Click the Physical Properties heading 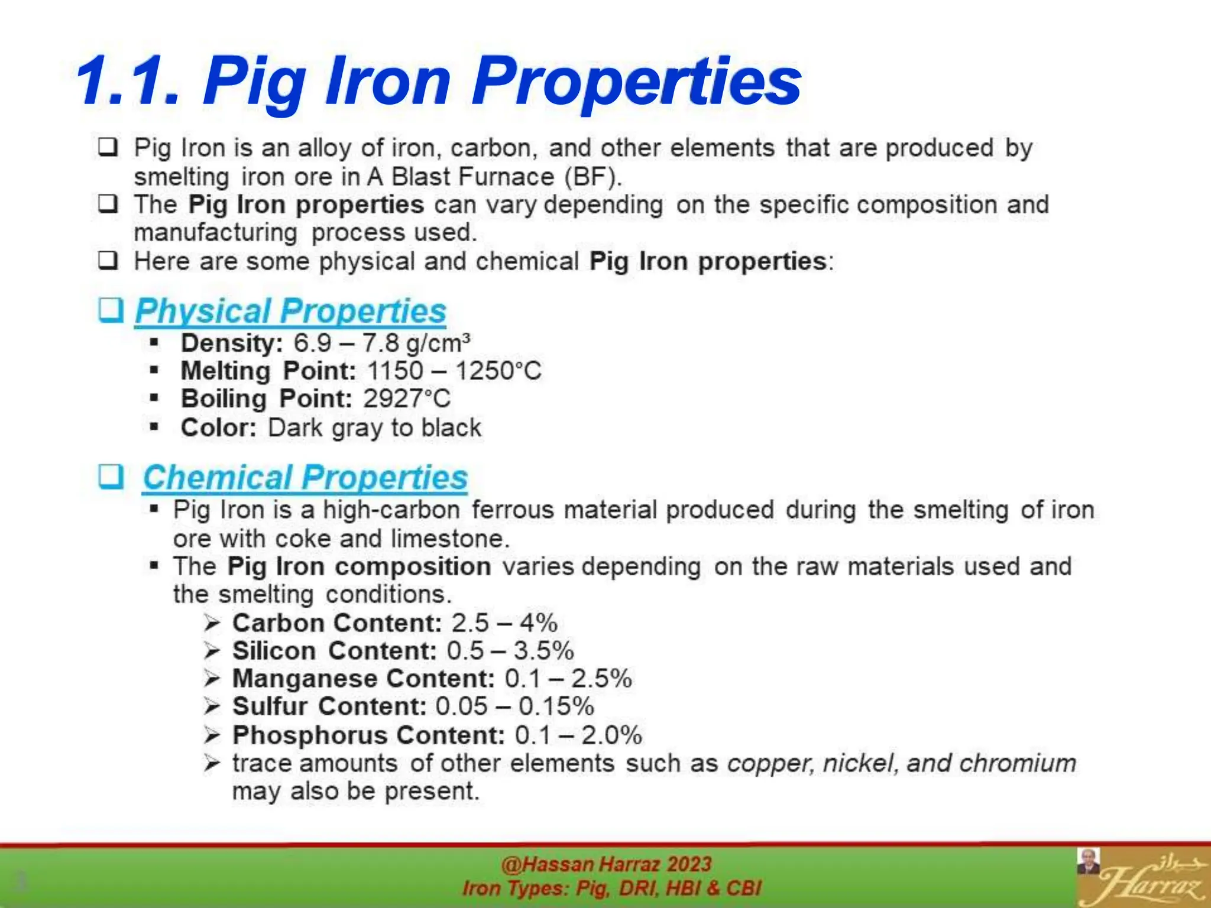[290, 311]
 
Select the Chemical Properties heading [305, 477]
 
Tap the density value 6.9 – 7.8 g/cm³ [382, 343]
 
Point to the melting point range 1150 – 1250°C [454, 371]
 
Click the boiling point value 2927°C [407, 399]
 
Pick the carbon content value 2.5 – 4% [504, 623]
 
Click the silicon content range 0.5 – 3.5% [510, 651]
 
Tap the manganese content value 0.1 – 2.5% [568, 679]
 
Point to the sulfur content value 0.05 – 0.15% [514, 706]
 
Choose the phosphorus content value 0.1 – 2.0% [578, 735]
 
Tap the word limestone [449, 539]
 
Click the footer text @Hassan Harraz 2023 [606, 865]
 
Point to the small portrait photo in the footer [1088, 861]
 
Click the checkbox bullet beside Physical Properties [111, 310]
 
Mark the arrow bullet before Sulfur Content [212, 706]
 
